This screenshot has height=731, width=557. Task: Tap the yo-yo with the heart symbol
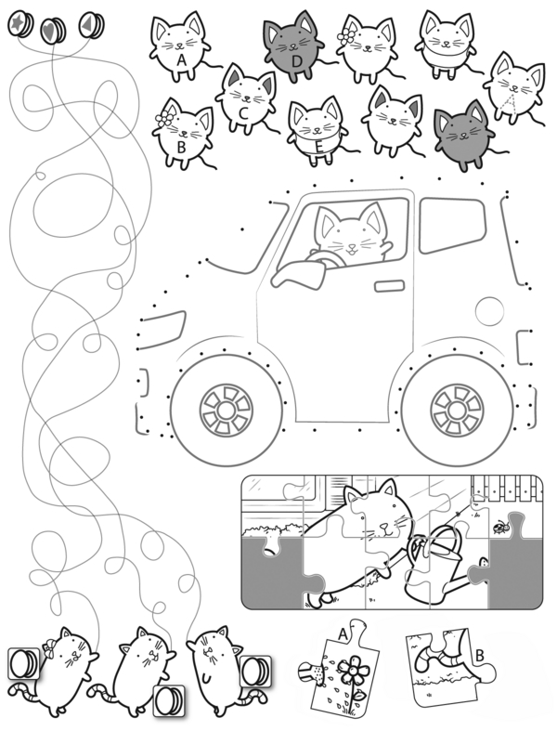pos(53,31)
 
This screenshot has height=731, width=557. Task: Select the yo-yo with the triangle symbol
pos(91,24)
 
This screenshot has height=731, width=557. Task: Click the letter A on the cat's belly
pos(181,60)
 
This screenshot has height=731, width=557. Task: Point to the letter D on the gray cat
pos(297,61)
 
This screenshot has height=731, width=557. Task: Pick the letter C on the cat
pos(242,113)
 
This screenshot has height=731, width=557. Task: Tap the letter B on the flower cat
pos(181,148)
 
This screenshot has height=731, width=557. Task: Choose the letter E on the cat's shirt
pos(318,147)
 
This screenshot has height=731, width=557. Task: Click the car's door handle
pos(390,286)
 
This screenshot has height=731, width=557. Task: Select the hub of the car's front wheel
pos(227,411)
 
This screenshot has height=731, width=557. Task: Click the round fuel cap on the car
pos(490,310)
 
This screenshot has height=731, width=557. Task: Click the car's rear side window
pos(450,226)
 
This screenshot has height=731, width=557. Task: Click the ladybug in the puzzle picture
pos(500,527)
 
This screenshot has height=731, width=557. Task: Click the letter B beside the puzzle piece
pos(479,656)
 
